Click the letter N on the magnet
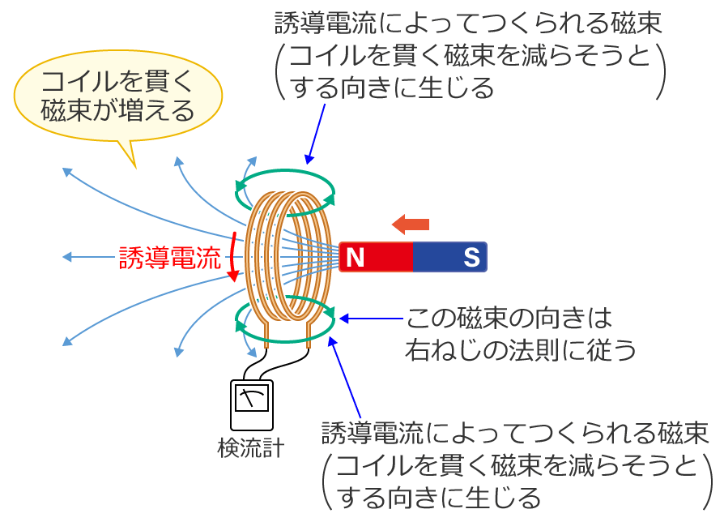coord(354,258)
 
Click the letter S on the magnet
coord(471,258)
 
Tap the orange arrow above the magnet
coord(410,224)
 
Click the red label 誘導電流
coord(169,258)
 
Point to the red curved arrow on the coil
coord(233,258)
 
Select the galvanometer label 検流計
coord(251,447)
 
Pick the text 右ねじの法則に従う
coord(521,349)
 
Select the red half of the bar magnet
coord(377,258)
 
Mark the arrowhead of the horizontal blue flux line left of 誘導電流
coord(67,258)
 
